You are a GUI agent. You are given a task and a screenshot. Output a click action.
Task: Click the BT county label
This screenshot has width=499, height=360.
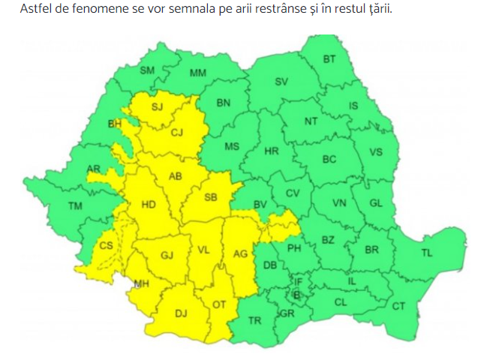(329, 59)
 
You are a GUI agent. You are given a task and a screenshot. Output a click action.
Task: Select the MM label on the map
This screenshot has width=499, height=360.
(198, 73)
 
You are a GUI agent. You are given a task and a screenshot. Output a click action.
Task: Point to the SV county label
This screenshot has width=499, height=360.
(281, 82)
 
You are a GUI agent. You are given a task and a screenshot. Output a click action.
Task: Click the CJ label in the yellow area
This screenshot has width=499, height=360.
(177, 133)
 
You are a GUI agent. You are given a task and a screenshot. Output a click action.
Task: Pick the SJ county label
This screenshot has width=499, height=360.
(157, 106)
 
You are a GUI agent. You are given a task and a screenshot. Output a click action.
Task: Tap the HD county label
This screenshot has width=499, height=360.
(148, 203)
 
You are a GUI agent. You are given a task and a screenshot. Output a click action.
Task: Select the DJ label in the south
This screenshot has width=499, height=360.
(181, 313)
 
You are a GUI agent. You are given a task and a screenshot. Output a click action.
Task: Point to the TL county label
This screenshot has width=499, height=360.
(426, 253)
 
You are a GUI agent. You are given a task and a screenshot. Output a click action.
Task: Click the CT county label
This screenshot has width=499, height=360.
(398, 306)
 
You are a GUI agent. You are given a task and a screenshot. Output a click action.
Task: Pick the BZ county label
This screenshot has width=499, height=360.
(327, 239)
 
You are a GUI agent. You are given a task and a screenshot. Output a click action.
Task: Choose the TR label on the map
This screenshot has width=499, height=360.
(254, 320)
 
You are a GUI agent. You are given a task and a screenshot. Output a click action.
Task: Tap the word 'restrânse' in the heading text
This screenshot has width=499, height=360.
(290, 10)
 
